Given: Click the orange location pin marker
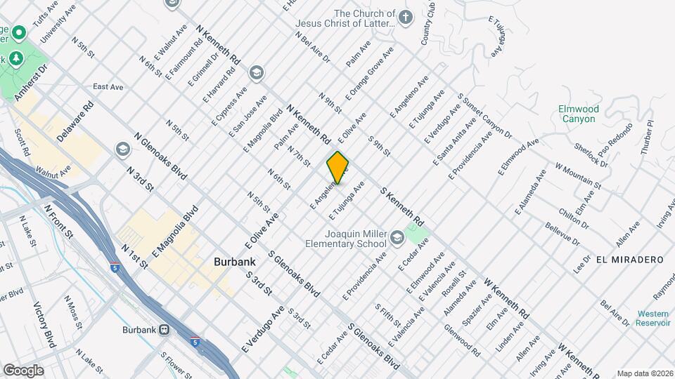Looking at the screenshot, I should click(338, 168).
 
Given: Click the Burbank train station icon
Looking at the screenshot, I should click(164, 328).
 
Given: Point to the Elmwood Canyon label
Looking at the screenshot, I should click(579, 114).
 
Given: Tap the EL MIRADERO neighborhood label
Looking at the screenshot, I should click(629, 260).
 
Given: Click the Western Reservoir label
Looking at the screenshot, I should click(653, 318).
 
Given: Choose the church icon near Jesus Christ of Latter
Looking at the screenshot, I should click(405, 17).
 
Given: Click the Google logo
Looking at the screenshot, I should click(22, 370).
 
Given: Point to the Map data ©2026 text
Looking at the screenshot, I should click(644, 373).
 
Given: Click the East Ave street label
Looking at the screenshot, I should click(108, 87).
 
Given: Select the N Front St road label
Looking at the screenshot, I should click(58, 221).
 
